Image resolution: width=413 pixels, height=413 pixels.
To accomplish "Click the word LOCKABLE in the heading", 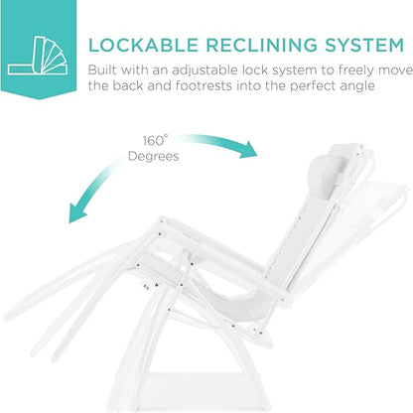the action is tap(143, 46).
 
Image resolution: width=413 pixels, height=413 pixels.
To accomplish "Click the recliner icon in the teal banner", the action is tap(38, 56).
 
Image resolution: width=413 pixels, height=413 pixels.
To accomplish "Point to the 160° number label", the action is tap(155, 141).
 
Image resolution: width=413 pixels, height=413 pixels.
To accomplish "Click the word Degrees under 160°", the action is tap(154, 156).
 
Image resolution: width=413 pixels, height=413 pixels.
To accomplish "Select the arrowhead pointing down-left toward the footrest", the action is tap(76, 212).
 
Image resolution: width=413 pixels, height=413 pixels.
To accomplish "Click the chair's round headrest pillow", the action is tap(326, 177).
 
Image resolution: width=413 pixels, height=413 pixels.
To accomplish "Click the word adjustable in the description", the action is tap(205, 70).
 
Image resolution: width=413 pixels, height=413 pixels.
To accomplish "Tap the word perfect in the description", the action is tap(314, 86).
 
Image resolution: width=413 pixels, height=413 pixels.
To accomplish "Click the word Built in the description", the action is tap(102, 70).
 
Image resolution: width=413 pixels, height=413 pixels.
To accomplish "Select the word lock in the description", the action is tap(254, 70).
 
